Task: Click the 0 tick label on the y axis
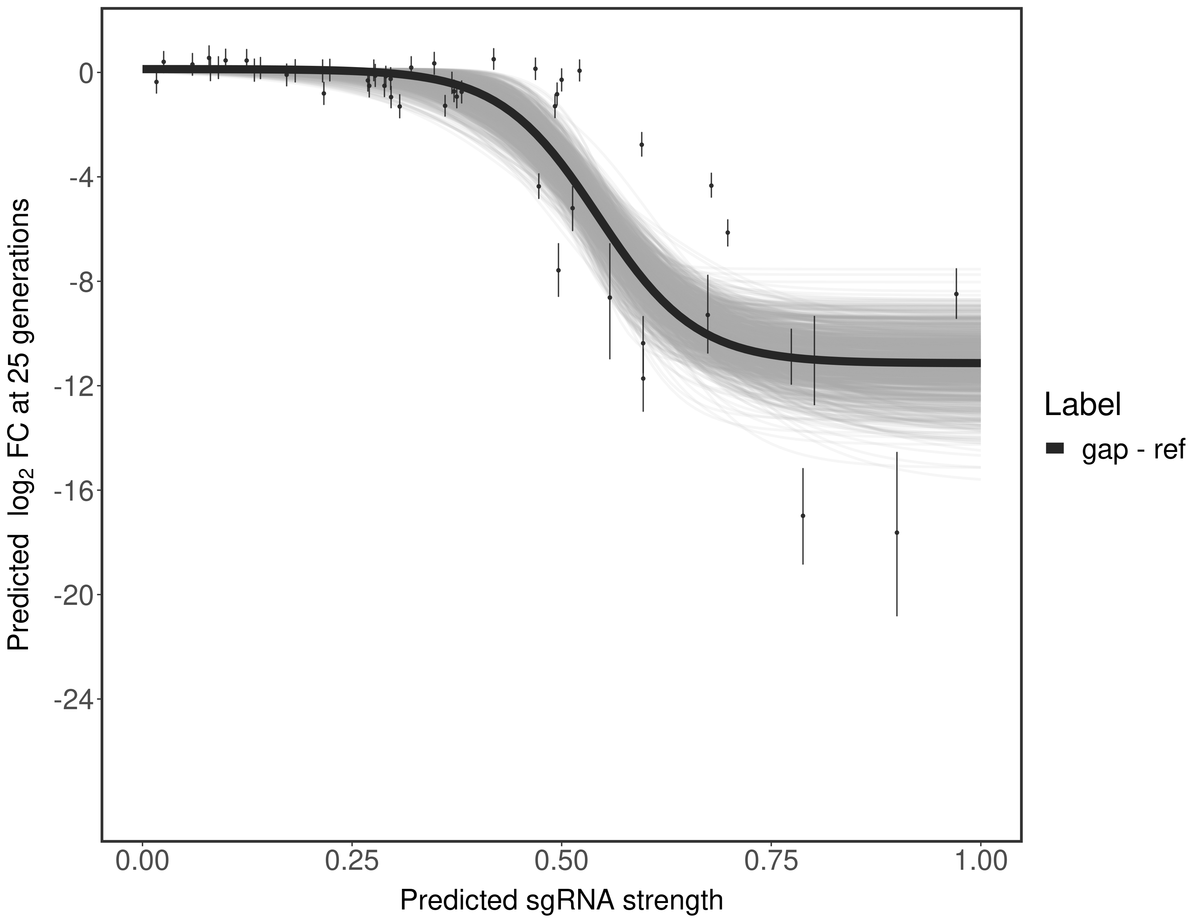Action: click(x=86, y=73)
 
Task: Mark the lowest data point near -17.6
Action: click(x=897, y=532)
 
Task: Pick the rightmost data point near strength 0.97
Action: click(x=956, y=294)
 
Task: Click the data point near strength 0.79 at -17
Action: click(x=803, y=515)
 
